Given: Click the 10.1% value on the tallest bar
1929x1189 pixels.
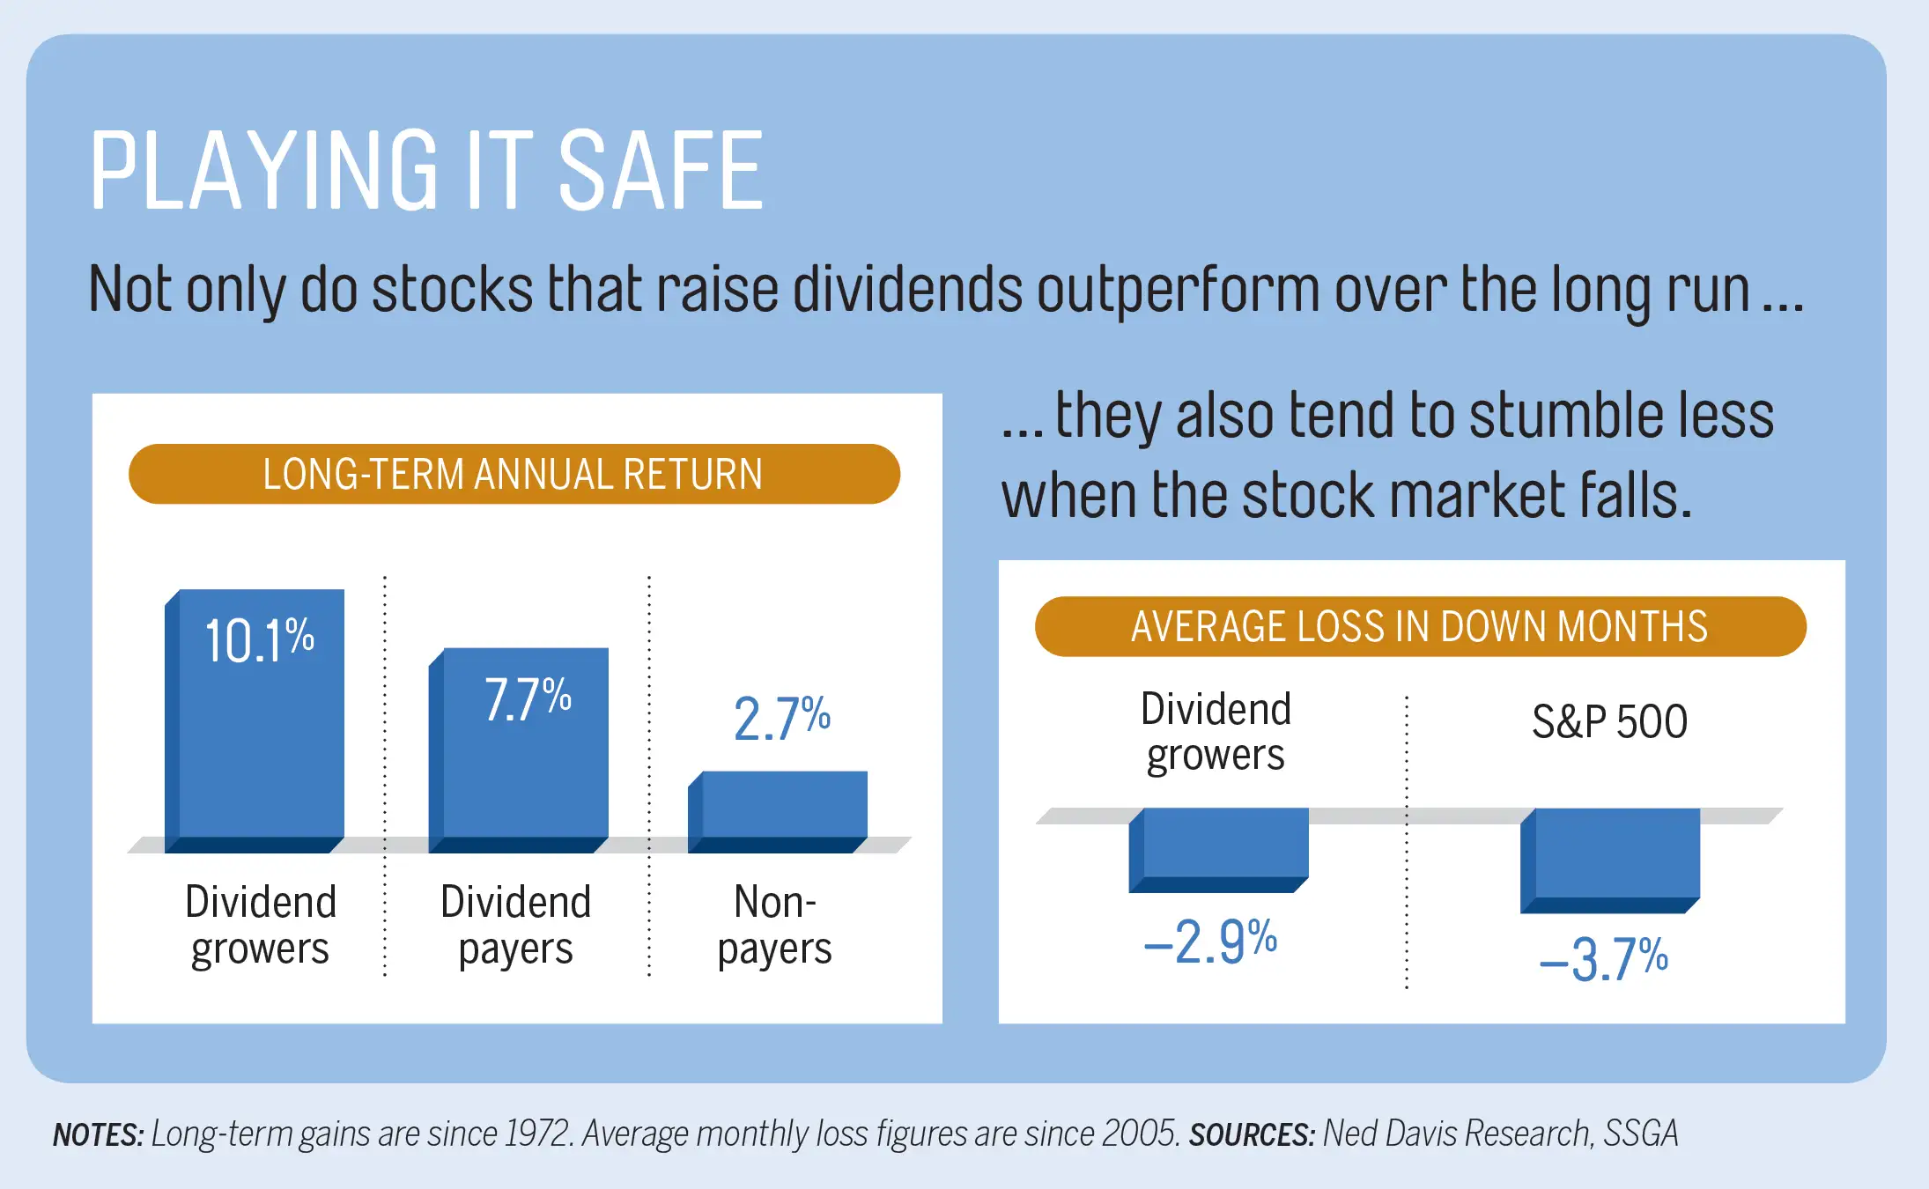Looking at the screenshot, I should coord(259,639).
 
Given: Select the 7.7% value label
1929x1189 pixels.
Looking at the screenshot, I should coord(528,699).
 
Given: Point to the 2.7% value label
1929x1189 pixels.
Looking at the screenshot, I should coord(781,718).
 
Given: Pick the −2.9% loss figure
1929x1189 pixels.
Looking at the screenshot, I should coord(1210,942).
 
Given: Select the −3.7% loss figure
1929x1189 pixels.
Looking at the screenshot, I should coord(1604,959).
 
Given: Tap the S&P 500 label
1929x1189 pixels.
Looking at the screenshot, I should coord(1609,722).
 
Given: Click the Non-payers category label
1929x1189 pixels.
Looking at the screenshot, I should coord(775,925).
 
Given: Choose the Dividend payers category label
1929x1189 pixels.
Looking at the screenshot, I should coord(516,925).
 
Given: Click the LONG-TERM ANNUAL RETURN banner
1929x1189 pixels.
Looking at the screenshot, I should coord(514,474).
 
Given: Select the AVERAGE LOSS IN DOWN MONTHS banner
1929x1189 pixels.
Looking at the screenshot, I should coord(1419,626).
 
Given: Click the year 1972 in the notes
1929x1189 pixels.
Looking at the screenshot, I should coord(539,1134).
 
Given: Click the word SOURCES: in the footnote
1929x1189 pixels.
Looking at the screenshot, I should coord(1252,1134).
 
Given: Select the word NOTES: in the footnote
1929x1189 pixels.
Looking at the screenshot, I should coord(98,1134).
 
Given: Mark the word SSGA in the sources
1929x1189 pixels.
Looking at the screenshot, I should coord(1640,1134).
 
